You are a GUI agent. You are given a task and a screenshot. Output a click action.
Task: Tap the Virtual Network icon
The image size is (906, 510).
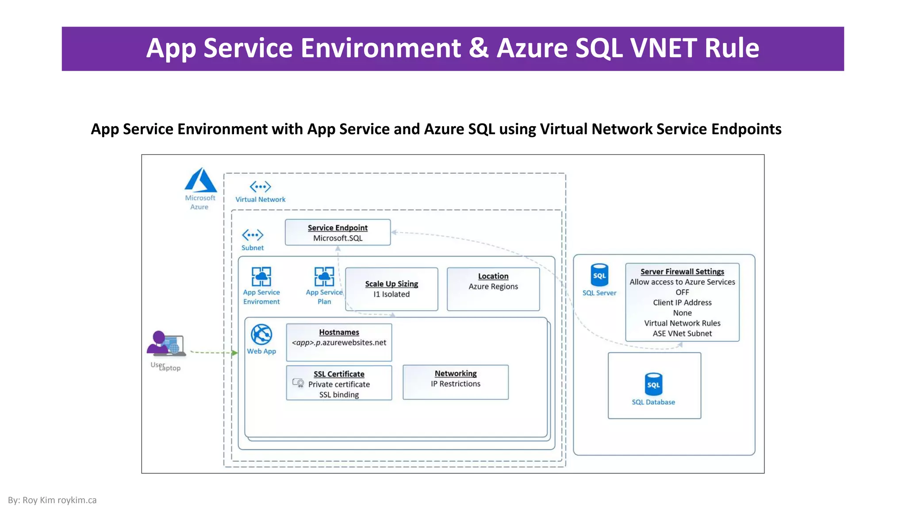260,186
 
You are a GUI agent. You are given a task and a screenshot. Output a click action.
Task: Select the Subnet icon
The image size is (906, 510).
253,235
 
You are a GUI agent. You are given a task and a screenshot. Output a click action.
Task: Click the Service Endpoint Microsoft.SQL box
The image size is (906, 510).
338,232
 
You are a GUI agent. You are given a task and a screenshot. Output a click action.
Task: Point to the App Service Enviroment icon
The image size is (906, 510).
261,276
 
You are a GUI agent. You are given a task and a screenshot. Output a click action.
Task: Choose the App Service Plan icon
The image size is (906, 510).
324,276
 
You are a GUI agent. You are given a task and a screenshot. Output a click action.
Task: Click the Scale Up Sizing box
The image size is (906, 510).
392,289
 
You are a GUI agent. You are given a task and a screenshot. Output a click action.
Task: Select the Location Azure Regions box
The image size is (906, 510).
493,289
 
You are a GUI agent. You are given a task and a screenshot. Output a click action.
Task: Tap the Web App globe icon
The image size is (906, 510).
261,335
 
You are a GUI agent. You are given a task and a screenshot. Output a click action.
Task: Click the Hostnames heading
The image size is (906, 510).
339,332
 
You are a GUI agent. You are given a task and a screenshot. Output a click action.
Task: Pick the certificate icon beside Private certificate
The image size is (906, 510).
298,382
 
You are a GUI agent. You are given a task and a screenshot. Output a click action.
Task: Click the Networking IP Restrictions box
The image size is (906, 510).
455,382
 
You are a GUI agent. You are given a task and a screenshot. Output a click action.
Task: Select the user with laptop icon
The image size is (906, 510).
165,344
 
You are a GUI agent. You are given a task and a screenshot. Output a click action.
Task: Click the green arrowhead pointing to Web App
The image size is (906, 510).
235,353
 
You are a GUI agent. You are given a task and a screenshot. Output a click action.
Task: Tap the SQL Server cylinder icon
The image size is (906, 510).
599,275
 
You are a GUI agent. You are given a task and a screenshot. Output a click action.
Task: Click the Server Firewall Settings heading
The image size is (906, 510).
682,271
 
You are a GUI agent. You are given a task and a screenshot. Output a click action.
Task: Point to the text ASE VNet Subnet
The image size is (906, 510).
682,333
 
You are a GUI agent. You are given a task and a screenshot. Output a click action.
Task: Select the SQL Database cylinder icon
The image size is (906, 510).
653,384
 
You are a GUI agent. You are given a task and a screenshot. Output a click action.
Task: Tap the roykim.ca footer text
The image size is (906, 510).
77,500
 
